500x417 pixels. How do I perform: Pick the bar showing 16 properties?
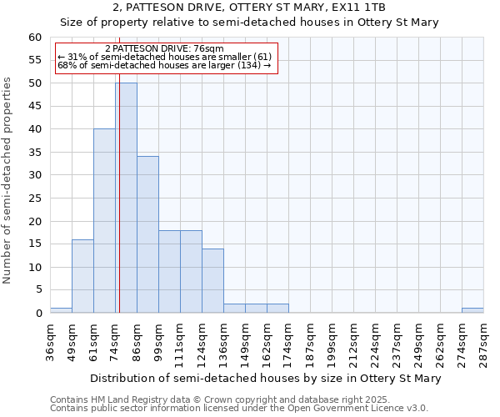click(x=82, y=276)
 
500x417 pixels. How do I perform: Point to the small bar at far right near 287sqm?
click(x=472, y=310)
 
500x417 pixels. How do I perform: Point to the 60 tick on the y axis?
click(x=34, y=38)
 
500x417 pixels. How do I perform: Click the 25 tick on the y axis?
click(x=34, y=198)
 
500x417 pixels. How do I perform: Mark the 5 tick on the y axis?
click(x=37, y=290)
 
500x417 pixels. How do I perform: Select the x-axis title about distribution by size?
click(x=265, y=378)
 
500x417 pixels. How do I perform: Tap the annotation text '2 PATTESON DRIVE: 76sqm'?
click(x=165, y=49)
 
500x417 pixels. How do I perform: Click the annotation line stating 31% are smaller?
click(x=164, y=57)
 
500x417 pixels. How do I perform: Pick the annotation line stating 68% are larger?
click(x=164, y=65)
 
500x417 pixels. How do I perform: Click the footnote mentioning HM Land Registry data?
click(x=239, y=400)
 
